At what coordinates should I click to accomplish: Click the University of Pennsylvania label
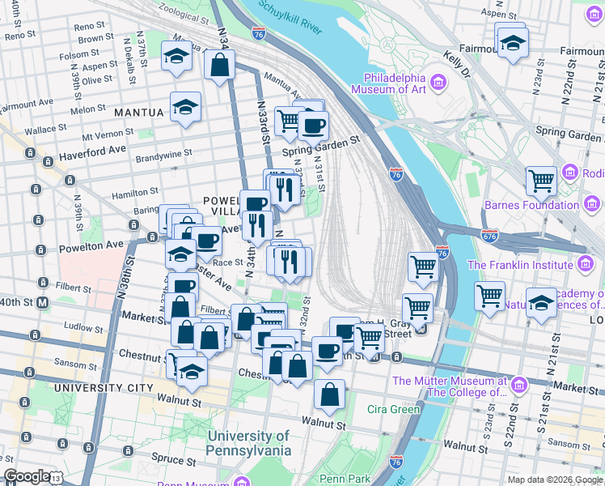tap(248, 442)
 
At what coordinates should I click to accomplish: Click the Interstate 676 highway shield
tap(491, 236)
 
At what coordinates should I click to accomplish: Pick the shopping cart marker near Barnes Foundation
tap(541, 181)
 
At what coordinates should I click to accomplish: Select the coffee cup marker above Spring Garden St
tap(313, 125)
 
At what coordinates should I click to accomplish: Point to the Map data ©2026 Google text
tap(554, 480)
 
